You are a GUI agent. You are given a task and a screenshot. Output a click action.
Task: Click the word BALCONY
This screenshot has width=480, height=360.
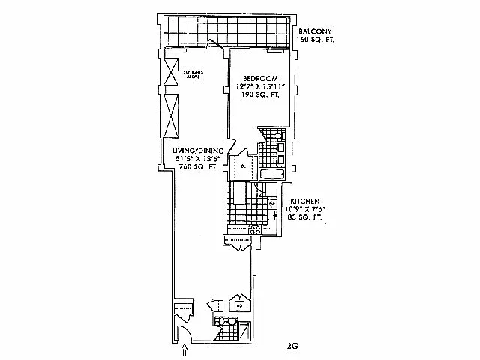313,31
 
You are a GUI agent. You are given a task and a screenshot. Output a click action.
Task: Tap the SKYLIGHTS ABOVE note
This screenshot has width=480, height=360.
193,73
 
